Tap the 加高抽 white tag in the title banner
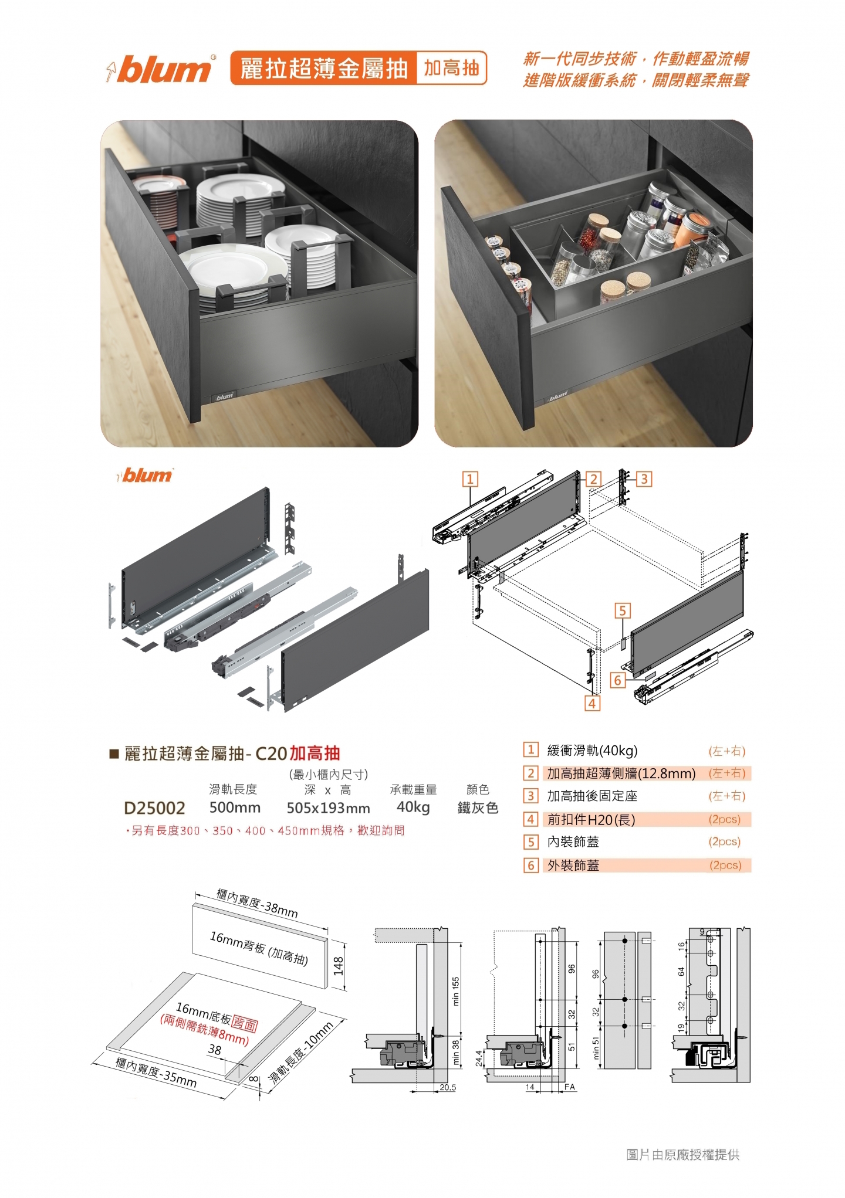[451, 69]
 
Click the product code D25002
[154, 808]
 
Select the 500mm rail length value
[235, 807]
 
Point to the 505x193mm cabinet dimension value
[328, 808]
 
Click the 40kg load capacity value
[413, 807]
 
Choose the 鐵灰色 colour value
[478, 807]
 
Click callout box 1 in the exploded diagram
[470, 479]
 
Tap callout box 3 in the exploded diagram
[644, 479]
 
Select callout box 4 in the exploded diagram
[592, 703]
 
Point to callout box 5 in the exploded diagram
[623, 611]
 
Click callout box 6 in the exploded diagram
[617, 680]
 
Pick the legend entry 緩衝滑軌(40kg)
[592, 751]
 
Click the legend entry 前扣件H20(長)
[591, 819]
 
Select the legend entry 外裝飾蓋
[573, 865]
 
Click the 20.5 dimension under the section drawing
[448, 1087]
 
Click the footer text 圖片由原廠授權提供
[683, 1155]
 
